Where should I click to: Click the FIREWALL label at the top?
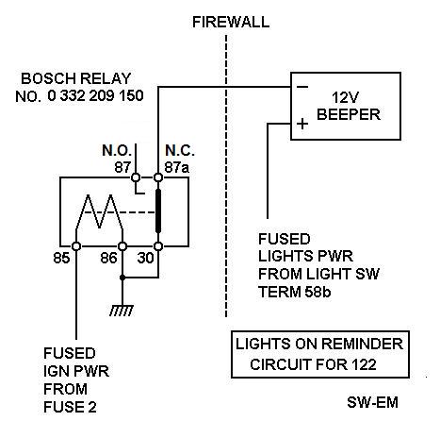(231, 22)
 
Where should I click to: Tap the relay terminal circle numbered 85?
(76, 246)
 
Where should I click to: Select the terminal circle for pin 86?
(122, 246)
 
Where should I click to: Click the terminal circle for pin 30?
(158, 246)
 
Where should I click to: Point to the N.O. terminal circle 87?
(136, 177)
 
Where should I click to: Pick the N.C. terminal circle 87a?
(158, 177)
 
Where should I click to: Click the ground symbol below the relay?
(122, 311)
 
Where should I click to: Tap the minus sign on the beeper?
(302, 87)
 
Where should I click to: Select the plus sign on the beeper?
(302, 124)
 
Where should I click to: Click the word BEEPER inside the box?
(349, 114)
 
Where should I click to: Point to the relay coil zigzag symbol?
(99, 211)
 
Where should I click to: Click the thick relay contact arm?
(158, 211)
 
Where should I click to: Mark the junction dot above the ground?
(122, 278)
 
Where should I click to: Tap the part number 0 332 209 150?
(95, 95)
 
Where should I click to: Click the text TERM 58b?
(294, 292)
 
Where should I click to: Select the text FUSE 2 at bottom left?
(70, 407)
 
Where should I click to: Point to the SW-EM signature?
(372, 402)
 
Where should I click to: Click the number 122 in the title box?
(364, 364)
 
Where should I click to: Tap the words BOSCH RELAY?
(75, 78)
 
